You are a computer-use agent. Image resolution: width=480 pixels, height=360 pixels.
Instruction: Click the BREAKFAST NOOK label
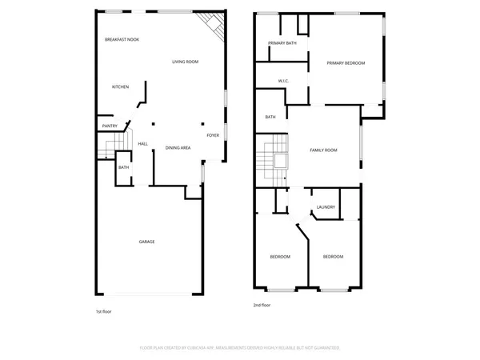[x=122, y=39]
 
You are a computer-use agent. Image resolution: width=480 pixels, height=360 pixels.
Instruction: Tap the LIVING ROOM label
[x=185, y=62]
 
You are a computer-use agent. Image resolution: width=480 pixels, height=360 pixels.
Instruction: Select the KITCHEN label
[x=120, y=86]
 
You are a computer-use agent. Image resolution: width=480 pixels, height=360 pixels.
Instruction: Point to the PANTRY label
[x=110, y=125]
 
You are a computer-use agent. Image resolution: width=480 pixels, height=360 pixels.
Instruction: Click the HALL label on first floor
[x=142, y=144]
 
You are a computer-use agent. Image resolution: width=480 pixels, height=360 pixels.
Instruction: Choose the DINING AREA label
[x=178, y=148]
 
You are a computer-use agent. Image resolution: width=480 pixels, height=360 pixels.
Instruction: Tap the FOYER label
[x=213, y=135]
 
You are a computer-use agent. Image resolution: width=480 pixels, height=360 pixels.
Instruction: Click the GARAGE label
[x=146, y=242]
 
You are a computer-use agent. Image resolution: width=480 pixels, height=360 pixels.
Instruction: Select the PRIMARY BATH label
[x=282, y=43]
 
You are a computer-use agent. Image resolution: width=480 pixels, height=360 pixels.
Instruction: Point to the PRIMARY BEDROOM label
[x=346, y=62]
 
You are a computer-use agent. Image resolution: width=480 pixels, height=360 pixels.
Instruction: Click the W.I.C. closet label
[x=283, y=81]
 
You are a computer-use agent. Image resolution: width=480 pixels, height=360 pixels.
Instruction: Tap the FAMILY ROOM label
[x=324, y=150]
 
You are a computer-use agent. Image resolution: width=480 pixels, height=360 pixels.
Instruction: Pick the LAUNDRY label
[x=325, y=207]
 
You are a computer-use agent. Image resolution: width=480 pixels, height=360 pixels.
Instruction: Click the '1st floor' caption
[x=103, y=310]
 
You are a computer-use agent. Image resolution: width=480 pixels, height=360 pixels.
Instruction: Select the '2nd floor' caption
[x=262, y=305]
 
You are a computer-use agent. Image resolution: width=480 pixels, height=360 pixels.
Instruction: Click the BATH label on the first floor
[x=124, y=167]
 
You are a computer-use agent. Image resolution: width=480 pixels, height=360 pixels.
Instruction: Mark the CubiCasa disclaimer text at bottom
[x=240, y=348]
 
